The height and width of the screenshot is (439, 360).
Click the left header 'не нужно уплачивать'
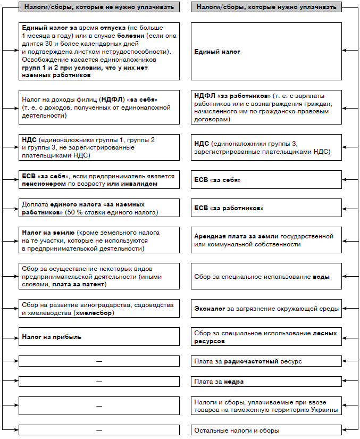click(x=97, y=7)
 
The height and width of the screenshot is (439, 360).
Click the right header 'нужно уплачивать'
click(x=266, y=7)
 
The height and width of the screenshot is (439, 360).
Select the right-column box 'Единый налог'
click(x=266, y=51)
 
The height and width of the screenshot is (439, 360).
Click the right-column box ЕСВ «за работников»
click(x=266, y=208)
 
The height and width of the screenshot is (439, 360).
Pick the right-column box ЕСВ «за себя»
click(x=266, y=180)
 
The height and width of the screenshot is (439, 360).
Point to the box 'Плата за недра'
click(x=266, y=382)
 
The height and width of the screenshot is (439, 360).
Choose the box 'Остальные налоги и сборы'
click(x=266, y=430)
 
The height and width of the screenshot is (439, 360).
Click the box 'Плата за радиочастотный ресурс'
click(x=266, y=361)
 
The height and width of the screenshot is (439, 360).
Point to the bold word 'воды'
click(x=321, y=277)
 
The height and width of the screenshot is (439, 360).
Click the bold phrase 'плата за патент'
click(x=79, y=285)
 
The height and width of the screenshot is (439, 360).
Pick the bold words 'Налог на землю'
click(x=48, y=233)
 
